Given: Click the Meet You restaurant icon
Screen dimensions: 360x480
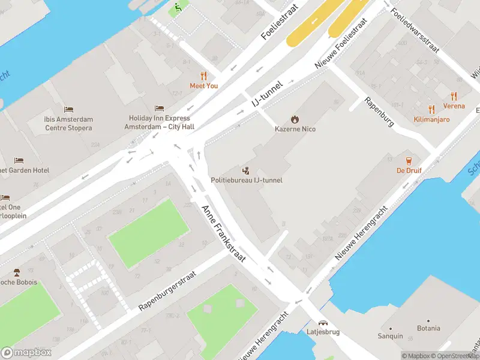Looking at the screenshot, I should pos(203,76).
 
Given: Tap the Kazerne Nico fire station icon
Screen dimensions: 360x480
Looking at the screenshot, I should pos(295,119).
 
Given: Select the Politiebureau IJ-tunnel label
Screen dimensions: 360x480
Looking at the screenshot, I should pos(246,180).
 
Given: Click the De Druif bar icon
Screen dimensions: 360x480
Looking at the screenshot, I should pos(409,161).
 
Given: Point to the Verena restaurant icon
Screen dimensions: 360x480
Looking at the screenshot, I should pos(454,96).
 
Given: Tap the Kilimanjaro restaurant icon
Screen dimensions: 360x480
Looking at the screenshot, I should pos(431,109).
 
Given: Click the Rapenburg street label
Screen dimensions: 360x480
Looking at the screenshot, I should pos(379,112).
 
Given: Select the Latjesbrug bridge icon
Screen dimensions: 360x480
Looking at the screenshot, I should pos(323,323).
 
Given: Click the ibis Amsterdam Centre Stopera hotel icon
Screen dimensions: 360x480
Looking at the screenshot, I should pos(68,110).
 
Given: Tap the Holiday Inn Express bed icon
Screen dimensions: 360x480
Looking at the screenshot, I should pos(159,109).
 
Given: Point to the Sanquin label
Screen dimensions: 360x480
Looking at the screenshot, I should pos(390,336).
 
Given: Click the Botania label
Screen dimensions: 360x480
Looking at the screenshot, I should pos(428,328).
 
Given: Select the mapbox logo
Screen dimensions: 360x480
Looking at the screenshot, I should pos(26,353).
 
